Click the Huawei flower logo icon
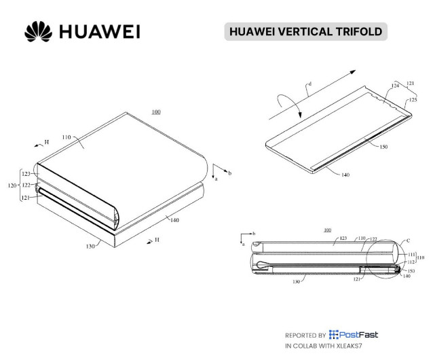(x=38, y=31)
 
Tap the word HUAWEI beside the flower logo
(x=100, y=32)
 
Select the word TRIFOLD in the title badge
(x=359, y=31)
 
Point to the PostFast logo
(x=354, y=335)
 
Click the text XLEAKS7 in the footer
(x=349, y=346)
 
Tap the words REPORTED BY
(x=305, y=336)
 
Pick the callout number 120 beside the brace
(x=12, y=185)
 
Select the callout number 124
(x=395, y=86)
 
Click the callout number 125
(x=413, y=99)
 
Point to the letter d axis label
(x=310, y=84)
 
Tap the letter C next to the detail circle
(x=408, y=240)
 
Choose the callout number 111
(x=411, y=255)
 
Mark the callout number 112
(x=411, y=262)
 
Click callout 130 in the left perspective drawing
(x=90, y=246)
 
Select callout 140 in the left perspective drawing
(x=174, y=220)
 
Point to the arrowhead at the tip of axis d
(x=353, y=72)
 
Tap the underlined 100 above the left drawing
(x=156, y=112)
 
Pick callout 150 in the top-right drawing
(x=383, y=147)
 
